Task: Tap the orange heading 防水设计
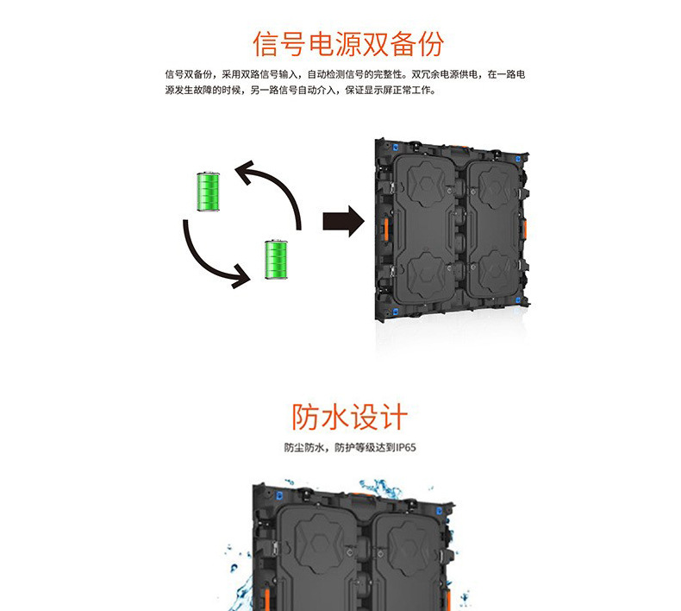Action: point(348,417)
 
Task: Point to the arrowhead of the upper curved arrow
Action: point(244,170)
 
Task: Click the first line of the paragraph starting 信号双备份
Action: point(345,75)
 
